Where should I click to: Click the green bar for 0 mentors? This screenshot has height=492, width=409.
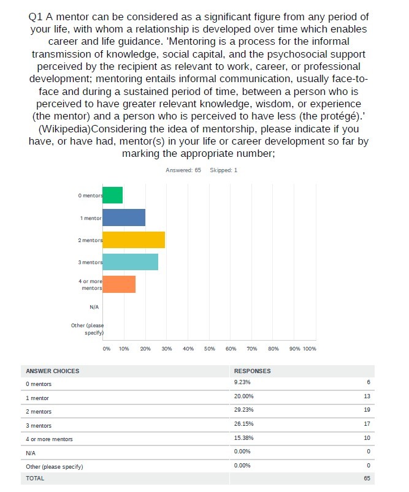click(112, 195)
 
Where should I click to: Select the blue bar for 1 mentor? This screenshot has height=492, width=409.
click(124, 218)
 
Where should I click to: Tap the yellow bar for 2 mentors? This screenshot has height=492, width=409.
click(134, 240)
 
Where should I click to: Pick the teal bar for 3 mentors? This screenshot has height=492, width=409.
click(131, 262)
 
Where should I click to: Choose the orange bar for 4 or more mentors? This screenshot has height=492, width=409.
click(119, 284)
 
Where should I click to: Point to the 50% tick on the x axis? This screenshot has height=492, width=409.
click(210, 349)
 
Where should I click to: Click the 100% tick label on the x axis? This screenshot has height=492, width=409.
click(310, 349)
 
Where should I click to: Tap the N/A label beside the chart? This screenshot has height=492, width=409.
click(94, 307)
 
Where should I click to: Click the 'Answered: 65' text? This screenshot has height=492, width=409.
click(183, 170)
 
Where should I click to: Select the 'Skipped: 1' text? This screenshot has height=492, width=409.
click(223, 170)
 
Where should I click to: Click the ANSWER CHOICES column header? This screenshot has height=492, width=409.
click(53, 371)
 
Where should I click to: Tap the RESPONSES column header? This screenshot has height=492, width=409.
click(252, 371)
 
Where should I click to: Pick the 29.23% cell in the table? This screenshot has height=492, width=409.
click(244, 410)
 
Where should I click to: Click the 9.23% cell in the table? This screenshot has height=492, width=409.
click(242, 382)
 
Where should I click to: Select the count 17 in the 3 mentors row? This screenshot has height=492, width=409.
click(367, 423)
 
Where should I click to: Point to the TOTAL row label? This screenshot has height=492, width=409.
click(35, 478)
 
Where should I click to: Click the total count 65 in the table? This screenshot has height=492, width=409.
click(367, 478)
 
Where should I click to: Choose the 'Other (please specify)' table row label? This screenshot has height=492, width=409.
click(55, 467)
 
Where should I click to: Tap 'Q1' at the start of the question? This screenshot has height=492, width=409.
click(36, 17)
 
